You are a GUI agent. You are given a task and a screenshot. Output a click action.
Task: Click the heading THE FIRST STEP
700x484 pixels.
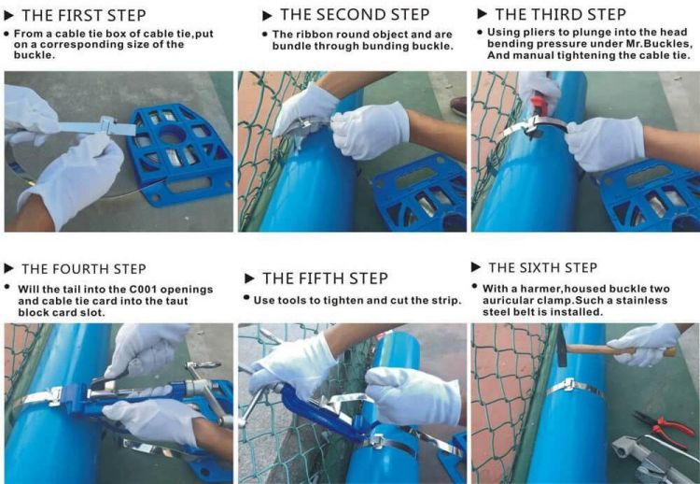tap(83, 15)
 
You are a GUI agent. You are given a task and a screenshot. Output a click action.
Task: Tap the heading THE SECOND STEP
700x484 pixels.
tap(355, 15)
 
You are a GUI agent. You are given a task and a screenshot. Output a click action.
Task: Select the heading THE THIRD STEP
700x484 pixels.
tap(560, 14)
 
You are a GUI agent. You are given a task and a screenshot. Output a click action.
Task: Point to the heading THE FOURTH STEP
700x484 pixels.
tap(84, 269)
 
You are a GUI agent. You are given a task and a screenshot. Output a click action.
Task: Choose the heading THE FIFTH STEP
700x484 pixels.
tap(325, 278)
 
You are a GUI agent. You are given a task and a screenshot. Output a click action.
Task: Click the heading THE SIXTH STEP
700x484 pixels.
tap(542, 268)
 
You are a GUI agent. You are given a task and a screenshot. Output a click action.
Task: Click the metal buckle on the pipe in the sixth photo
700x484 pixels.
tap(568, 384)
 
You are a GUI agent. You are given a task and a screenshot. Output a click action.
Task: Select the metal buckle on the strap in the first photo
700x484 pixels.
tap(108, 125)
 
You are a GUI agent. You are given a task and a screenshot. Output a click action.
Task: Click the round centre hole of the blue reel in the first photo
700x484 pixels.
tap(173, 135)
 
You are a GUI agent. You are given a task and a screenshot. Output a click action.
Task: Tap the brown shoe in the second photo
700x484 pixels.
tap(458, 106)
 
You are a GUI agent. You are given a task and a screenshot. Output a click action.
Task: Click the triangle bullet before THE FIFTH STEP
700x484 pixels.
tap(249, 278)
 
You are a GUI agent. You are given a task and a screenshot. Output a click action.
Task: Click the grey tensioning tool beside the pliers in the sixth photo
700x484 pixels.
tap(648, 458)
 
